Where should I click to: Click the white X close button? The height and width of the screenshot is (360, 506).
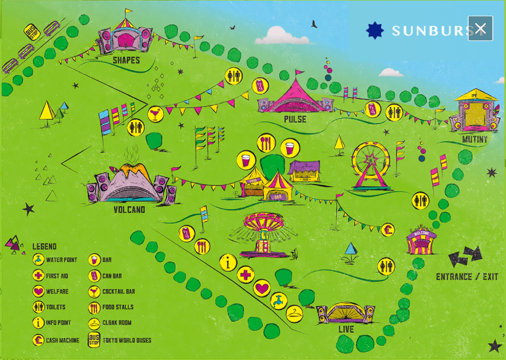480,28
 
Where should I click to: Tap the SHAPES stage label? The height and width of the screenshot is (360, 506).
126,60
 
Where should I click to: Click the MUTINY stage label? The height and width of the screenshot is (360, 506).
475,139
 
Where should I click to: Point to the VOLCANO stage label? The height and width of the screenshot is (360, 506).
129,209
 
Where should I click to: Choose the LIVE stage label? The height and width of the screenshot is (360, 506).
346,330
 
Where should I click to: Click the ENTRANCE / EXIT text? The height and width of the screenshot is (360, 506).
467,277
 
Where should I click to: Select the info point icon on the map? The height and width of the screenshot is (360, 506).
228,262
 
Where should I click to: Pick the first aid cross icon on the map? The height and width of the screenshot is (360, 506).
245,275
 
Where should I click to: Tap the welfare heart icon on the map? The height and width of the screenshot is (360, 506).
261,288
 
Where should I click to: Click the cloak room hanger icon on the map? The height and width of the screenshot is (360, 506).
294,313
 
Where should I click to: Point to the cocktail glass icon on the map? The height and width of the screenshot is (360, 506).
155,114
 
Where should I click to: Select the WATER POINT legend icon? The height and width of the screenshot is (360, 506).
38,260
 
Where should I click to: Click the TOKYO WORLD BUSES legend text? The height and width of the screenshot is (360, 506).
127,340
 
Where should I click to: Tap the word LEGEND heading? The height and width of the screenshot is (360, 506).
44,246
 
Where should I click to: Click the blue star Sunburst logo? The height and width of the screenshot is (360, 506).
375,30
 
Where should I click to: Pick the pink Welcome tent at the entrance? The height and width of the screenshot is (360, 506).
422,241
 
